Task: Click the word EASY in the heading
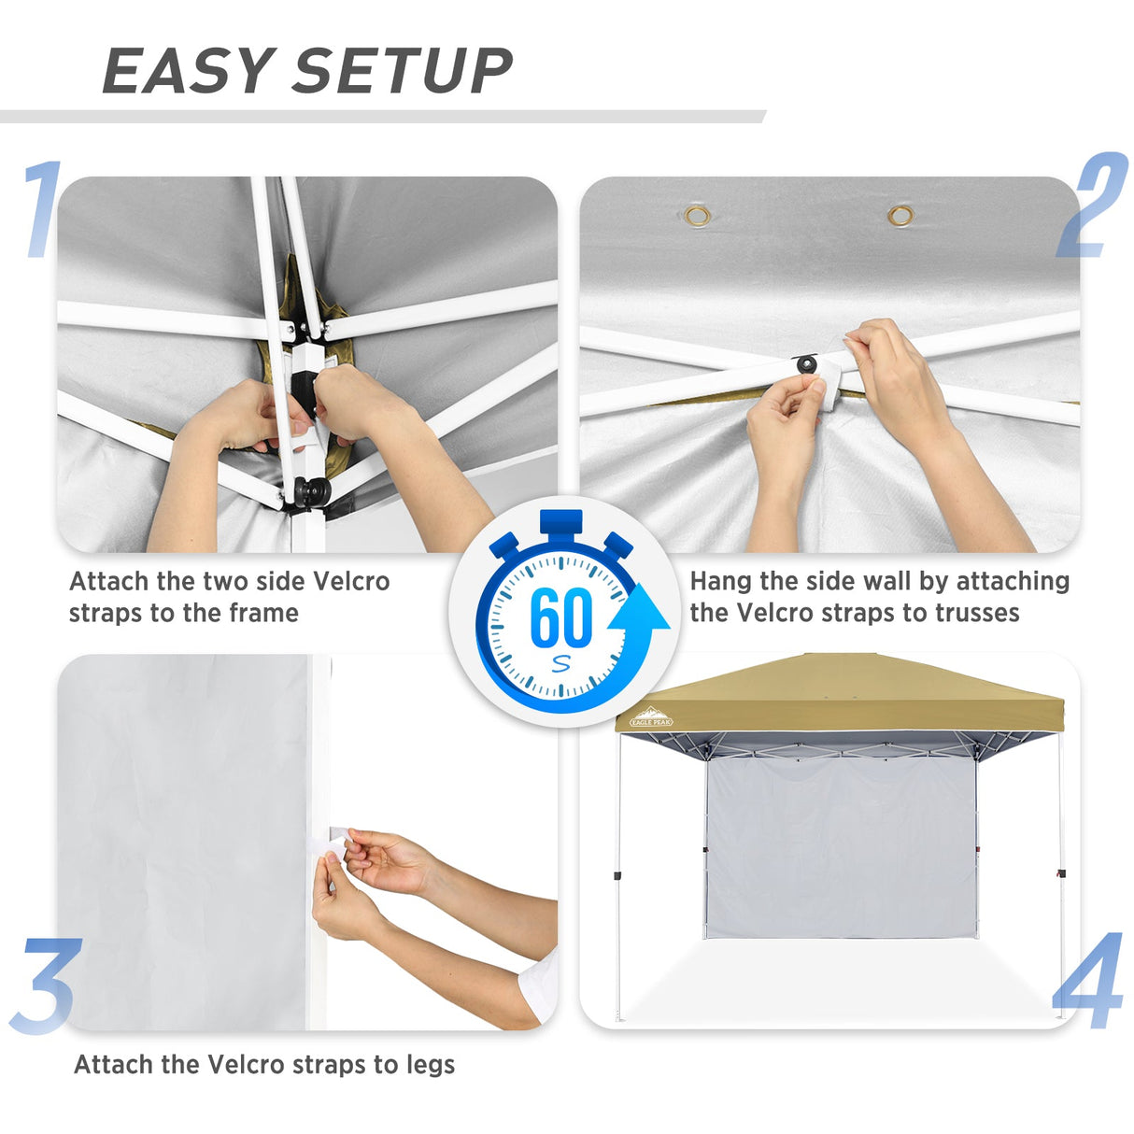click(x=186, y=71)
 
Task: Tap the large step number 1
click(x=42, y=209)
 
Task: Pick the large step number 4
click(x=1088, y=981)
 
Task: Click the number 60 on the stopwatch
click(x=560, y=617)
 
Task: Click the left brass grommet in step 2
click(x=697, y=217)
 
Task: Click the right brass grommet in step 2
click(x=900, y=217)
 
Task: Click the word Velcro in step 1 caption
click(x=350, y=581)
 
